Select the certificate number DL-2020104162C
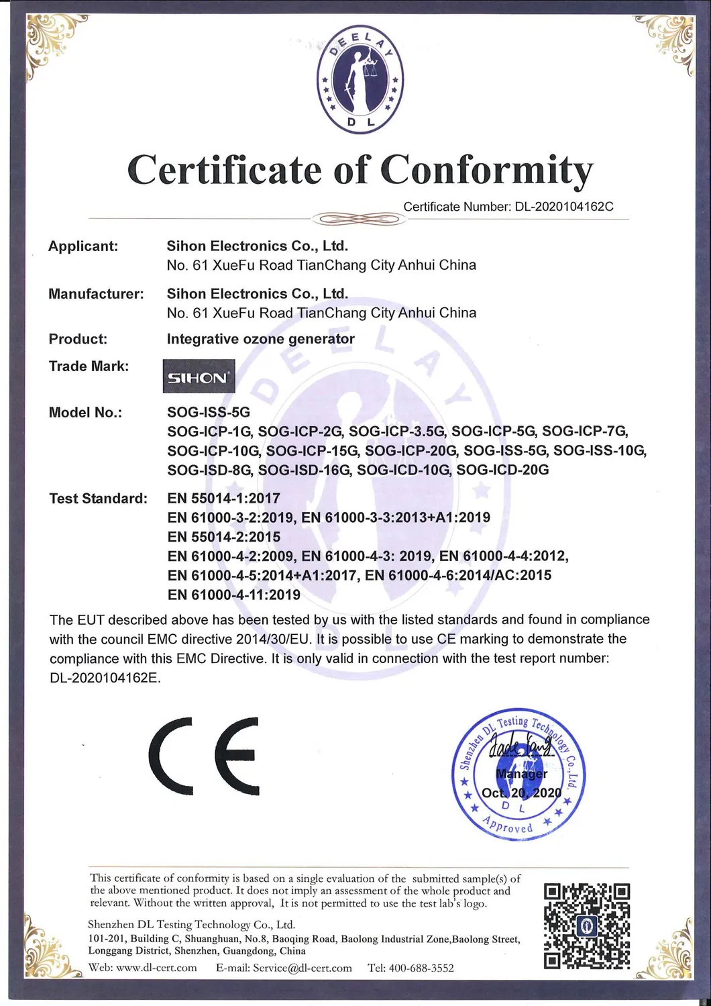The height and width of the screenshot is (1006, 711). coord(563,207)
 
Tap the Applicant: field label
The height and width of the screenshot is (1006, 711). coord(83,246)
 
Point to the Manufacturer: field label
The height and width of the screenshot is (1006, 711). coord(96,294)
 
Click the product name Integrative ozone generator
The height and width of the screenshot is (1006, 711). coord(260,339)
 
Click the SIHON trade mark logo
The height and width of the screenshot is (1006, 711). coord(199,376)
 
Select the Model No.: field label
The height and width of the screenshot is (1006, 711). coord(85,412)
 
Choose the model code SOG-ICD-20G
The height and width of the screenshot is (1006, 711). coord(502,470)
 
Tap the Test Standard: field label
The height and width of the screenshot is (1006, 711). coord(98,499)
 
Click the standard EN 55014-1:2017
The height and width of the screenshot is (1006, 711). coord(223,499)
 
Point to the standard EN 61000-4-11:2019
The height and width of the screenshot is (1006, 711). coord(233,595)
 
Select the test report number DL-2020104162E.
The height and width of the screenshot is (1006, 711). coord(105,678)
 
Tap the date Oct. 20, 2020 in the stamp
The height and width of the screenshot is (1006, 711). coord(521,793)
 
